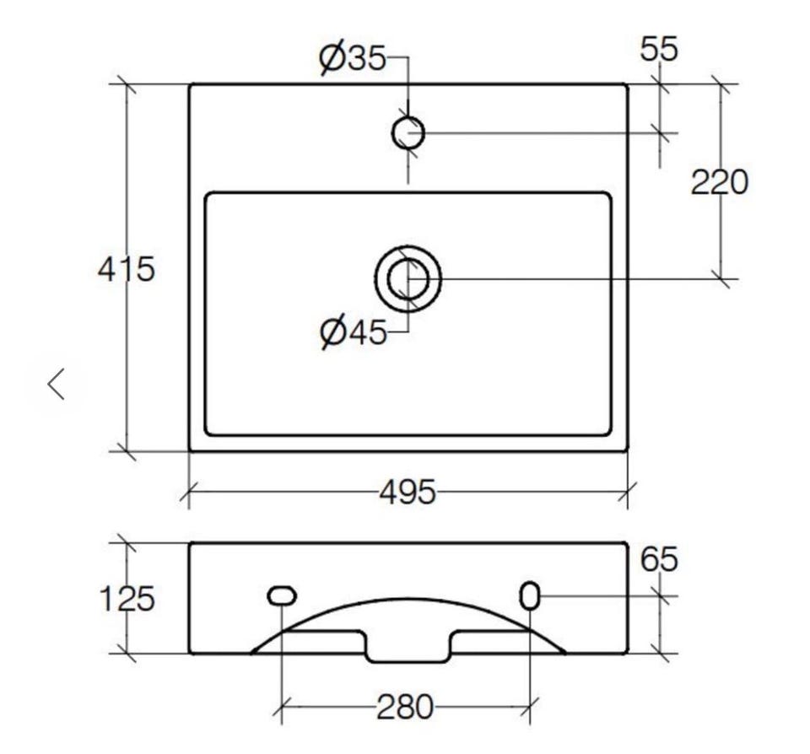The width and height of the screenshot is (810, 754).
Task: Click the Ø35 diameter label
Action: click(x=353, y=58)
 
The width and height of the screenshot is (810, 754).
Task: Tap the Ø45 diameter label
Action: click(x=354, y=332)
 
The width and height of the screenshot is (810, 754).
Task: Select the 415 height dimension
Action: click(x=126, y=269)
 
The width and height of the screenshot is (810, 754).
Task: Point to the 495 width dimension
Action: click(x=408, y=492)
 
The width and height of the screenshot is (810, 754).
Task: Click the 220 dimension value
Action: click(x=720, y=182)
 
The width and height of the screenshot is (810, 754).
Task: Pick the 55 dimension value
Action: click(x=659, y=50)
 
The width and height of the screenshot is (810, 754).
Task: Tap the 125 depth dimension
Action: click(x=126, y=599)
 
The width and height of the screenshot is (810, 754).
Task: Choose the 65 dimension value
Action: click(x=659, y=559)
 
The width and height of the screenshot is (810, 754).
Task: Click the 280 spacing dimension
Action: click(x=405, y=707)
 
